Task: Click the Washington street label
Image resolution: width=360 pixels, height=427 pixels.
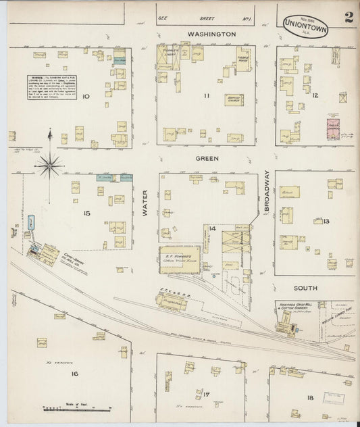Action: coord(211,33)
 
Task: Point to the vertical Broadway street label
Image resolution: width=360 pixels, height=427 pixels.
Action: coord(266,190)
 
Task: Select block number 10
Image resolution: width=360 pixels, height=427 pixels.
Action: coord(86,96)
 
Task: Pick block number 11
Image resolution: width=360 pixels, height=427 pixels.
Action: coord(206,96)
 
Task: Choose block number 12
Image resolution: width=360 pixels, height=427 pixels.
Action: coord(315,95)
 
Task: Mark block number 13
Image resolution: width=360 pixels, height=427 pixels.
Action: coord(326,221)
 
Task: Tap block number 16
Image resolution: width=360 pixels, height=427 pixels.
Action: coord(74,373)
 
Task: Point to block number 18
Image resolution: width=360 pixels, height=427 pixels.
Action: coord(309,397)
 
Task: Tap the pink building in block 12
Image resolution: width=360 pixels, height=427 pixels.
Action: coord(333,128)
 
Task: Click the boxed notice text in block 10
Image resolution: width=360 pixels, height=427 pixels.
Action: coord(50,86)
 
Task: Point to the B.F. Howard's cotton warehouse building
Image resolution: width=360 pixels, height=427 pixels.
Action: coord(180,260)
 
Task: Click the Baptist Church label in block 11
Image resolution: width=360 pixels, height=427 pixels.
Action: coord(234,99)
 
